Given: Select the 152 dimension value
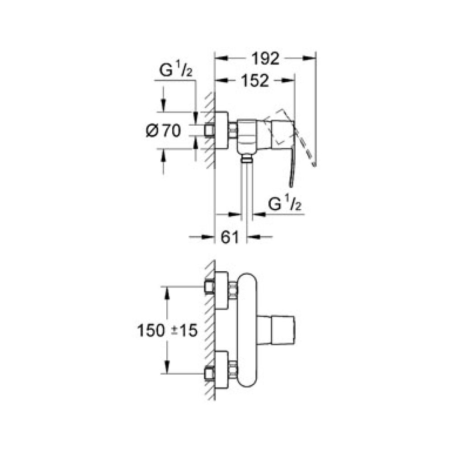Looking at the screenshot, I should pos(254,81).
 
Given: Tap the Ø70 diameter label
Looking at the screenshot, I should pos(163,131).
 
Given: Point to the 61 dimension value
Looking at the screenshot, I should pos(230,236).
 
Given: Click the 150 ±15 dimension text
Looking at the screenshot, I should pos(167,331).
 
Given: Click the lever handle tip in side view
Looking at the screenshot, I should pos(291,183).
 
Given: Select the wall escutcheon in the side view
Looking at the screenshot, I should pos(221,131).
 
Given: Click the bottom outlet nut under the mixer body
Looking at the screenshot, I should pos(246,158).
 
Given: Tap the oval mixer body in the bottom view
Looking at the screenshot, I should pos(247,330).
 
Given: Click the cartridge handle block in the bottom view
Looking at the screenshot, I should pos(276,330).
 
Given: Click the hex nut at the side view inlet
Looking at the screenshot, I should pos(233,131).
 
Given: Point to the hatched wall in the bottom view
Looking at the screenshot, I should pos(209,330).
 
